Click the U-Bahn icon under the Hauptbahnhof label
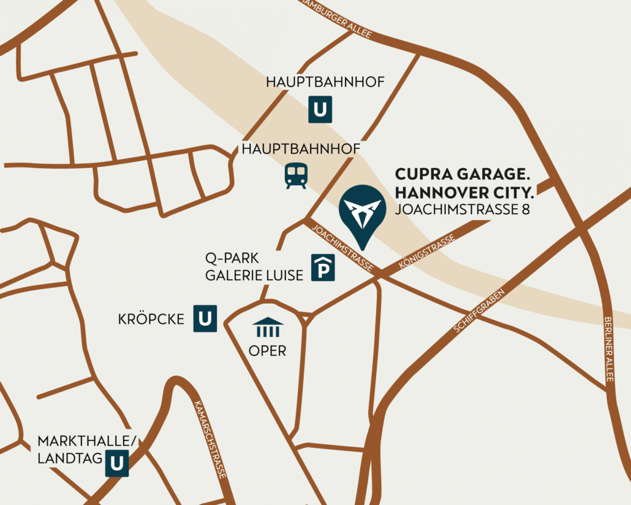tap(319, 109)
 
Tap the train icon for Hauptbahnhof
tap(295, 176)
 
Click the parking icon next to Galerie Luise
tap(323, 268)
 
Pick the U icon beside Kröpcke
tap(205, 318)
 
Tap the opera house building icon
tap(268, 328)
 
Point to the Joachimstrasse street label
tap(343, 248)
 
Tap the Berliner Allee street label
tap(608, 349)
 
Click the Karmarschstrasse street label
tap(210, 439)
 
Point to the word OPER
tap(267, 351)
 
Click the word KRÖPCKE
tap(151, 320)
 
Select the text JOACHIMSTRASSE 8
tap(463, 210)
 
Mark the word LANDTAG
tap(68, 459)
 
